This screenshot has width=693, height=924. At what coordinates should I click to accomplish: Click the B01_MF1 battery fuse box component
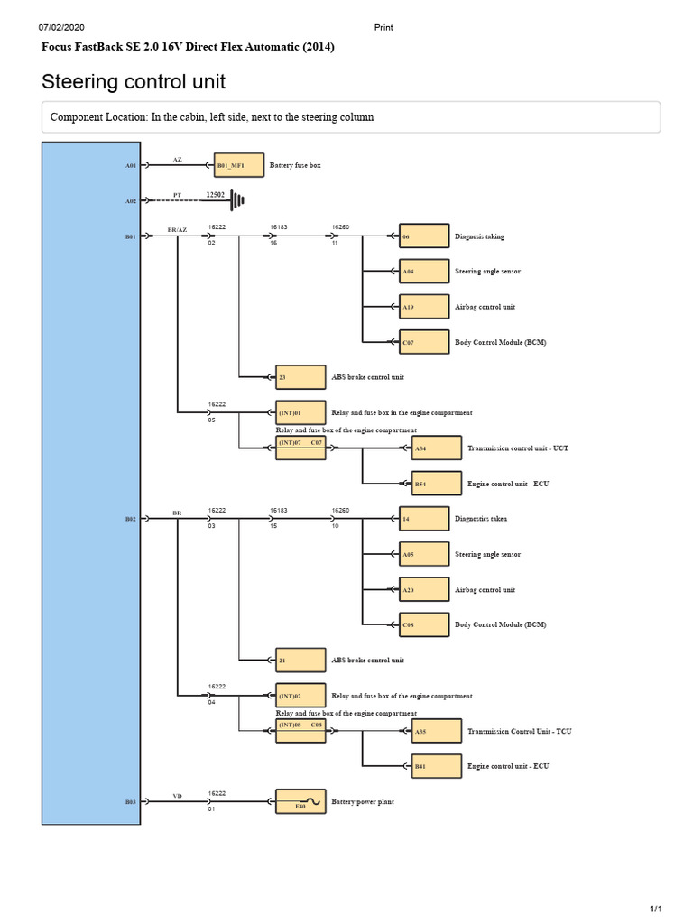238,165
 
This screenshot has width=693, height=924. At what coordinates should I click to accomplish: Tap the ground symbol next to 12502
237,200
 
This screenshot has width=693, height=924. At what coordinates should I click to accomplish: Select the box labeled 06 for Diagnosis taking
424,236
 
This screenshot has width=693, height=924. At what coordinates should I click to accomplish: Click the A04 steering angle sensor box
424,271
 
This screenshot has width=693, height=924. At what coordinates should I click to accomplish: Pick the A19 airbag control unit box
424,307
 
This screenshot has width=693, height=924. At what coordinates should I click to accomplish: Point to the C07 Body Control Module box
424,342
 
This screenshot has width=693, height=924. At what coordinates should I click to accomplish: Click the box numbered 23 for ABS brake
300,377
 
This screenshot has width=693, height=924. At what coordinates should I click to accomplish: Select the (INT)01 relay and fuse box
300,412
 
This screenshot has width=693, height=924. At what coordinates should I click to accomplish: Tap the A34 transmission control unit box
437,448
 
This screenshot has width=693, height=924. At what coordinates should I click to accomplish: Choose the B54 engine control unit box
437,484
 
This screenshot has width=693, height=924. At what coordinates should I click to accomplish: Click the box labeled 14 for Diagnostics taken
424,519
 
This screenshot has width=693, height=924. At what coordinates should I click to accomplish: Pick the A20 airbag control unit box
424,589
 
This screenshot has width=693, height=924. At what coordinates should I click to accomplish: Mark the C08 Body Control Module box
424,624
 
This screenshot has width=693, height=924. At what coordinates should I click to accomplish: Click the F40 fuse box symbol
300,801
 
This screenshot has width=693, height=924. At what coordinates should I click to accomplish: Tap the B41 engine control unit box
437,766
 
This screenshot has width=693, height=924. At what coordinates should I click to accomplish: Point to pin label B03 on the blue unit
130,802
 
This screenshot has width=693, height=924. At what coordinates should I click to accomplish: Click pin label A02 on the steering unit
130,201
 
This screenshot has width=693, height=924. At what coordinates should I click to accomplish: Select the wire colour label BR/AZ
177,230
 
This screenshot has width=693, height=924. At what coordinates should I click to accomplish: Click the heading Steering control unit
134,81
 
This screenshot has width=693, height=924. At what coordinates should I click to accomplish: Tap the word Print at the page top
383,27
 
